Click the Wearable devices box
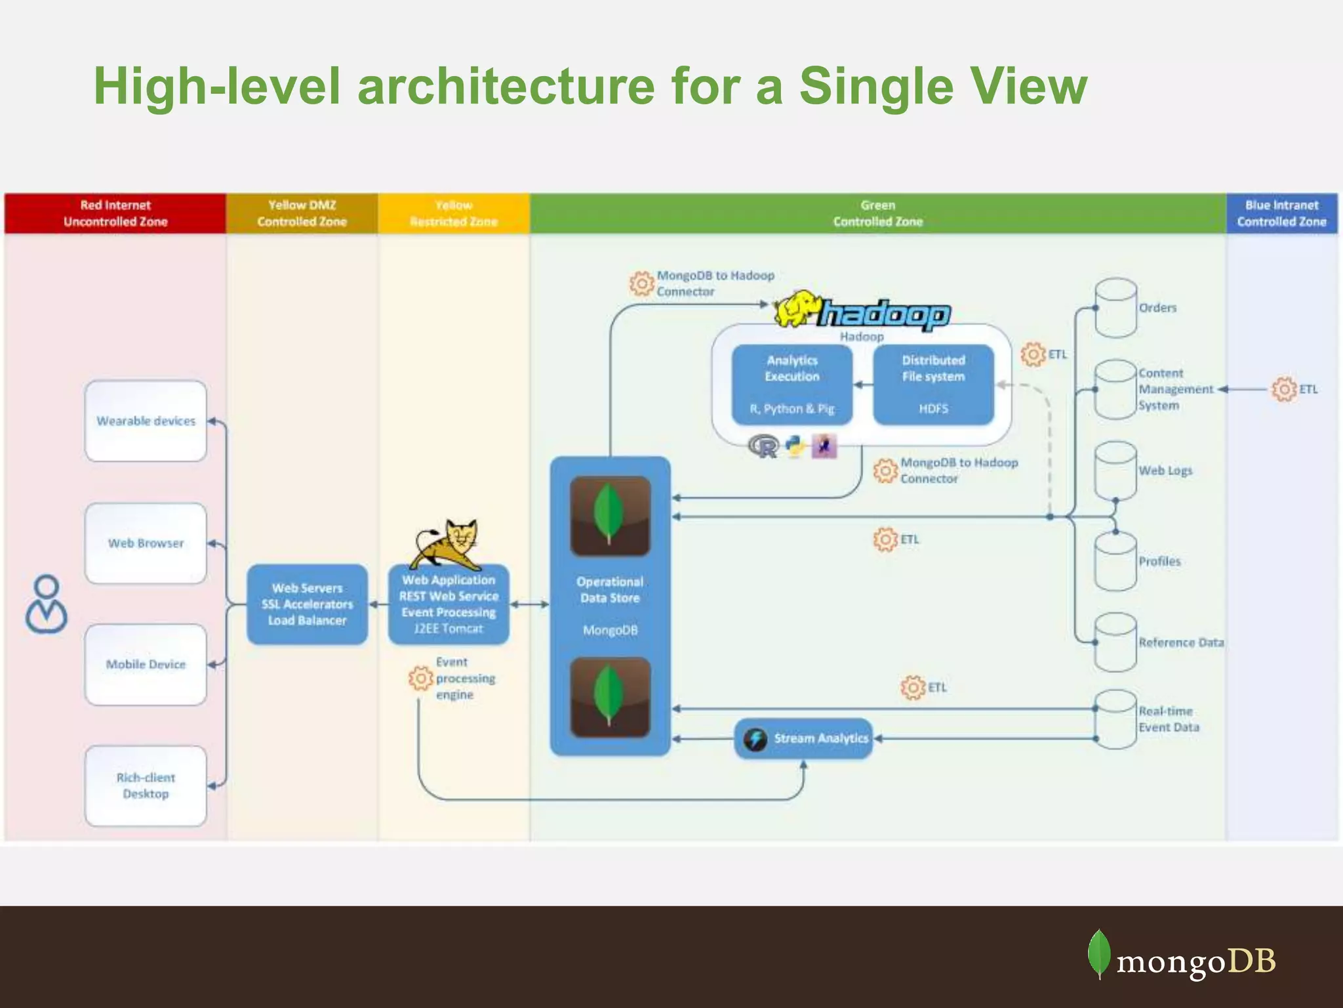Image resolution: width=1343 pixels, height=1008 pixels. pyautogui.click(x=146, y=421)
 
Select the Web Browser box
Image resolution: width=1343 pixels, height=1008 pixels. pyautogui.click(x=146, y=543)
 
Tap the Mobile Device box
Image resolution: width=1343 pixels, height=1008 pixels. pyautogui.click(x=146, y=665)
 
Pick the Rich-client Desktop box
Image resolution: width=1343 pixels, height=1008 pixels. pyautogui.click(x=146, y=786)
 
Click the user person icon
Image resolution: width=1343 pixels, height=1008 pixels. pyautogui.click(x=47, y=604)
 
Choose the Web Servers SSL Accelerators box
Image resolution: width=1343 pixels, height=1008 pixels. pyautogui.click(x=307, y=604)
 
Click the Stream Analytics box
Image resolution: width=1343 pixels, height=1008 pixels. pyautogui.click(x=804, y=739)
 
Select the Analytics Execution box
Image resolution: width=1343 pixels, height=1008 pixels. pyautogui.click(x=792, y=385)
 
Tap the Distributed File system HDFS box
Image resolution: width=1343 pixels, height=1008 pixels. pyautogui.click(x=933, y=385)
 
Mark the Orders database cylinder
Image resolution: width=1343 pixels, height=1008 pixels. pyautogui.click(x=1115, y=308)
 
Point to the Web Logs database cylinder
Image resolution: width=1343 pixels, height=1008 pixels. pyautogui.click(x=1115, y=471)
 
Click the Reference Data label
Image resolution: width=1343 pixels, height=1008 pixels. pyautogui.click(x=1181, y=642)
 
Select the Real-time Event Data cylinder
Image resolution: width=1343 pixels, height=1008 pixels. pyautogui.click(x=1115, y=719)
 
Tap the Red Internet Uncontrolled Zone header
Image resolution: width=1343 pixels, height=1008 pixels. pyautogui.click(x=115, y=213)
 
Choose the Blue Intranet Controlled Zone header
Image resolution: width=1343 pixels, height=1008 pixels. pyautogui.click(x=1281, y=213)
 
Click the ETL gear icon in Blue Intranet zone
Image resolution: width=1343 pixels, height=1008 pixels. pyautogui.click(x=1284, y=389)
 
